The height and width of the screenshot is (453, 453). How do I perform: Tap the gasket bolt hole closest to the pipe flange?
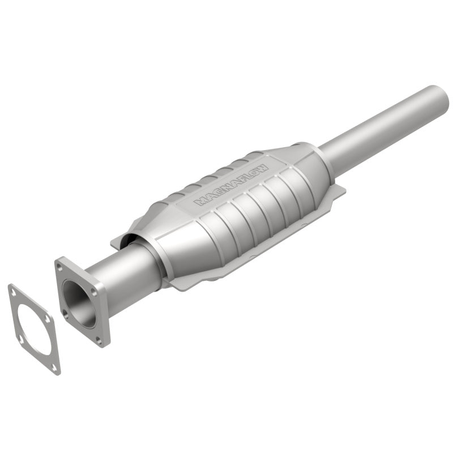click(48, 320)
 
